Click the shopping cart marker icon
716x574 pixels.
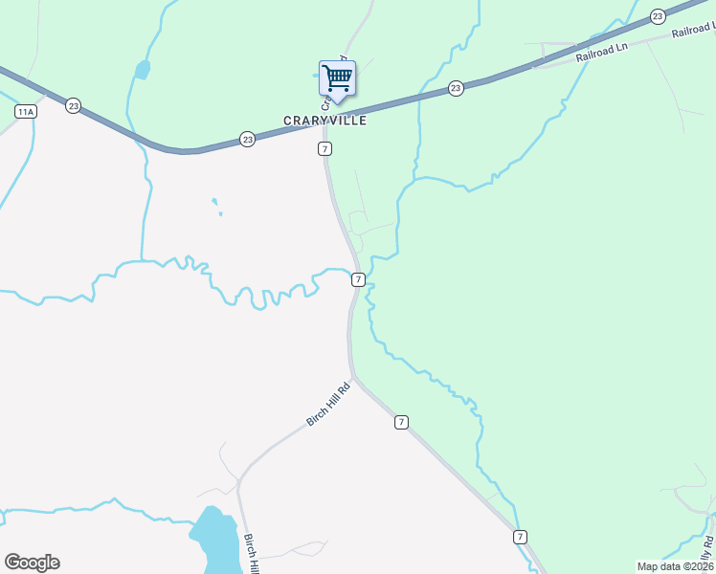(336, 77)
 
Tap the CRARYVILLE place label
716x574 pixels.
(324, 121)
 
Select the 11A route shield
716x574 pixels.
(25, 112)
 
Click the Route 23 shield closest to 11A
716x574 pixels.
(73, 105)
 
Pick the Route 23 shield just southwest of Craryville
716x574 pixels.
(248, 140)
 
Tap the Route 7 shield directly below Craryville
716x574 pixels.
(325, 149)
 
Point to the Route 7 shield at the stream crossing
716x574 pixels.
(357, 279)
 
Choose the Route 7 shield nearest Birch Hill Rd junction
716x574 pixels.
(401, 422)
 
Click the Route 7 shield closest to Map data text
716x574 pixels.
(519, 537)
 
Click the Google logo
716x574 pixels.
(32, 562)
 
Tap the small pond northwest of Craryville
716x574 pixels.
(143, 70)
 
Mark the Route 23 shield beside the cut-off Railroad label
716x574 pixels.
(657, 16)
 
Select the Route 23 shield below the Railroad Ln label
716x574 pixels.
(456, 89)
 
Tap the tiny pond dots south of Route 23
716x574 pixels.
(216, 206)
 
